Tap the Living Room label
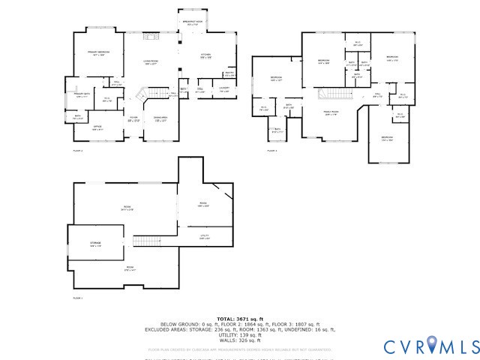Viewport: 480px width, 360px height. [151, 63]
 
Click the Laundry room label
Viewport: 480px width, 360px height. [224, 89]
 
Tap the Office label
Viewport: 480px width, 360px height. [97, 128]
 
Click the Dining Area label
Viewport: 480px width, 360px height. [160, 118]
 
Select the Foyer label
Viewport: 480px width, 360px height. [133, 118]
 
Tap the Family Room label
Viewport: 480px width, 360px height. [331, 112]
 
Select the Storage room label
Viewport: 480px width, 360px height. [95, 244]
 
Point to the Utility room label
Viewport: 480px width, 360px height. [204, 237]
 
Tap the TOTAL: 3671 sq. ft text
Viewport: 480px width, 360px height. [240, 319]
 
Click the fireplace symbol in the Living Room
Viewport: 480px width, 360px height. [150, 35]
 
